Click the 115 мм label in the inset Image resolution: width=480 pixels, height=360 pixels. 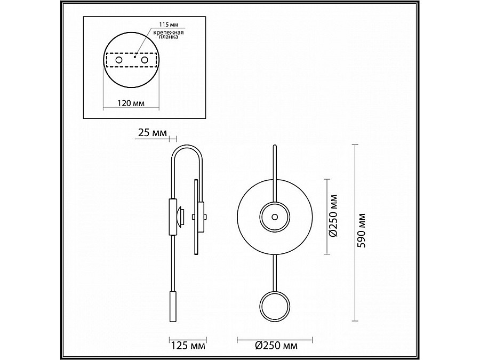coord(169,24)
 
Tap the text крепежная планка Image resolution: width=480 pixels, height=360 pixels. coord(169,35)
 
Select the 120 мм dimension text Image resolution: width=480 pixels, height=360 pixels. coord(131,103)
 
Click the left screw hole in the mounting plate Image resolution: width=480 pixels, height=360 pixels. coord(119,60)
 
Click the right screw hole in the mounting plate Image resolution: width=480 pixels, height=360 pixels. coord(145,60)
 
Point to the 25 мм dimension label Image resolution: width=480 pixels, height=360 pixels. coord(153,133)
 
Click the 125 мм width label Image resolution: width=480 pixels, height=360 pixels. coord(188,346)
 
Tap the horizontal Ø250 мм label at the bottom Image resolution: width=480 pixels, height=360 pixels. coord(276,346)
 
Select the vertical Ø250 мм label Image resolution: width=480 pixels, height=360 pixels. coord(333,215)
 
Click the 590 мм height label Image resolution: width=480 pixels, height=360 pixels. coord(362,230)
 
